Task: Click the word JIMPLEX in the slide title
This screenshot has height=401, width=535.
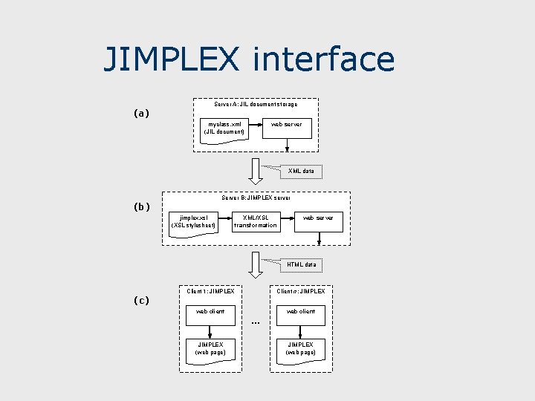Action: coord(172,59)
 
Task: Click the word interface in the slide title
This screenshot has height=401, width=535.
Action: coord(323,59)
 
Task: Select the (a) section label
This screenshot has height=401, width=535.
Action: coord(141,114)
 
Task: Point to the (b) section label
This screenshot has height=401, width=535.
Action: coord(141,206)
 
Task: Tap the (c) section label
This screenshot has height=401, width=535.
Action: coord(141,300)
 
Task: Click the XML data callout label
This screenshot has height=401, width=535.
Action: coord(301,172)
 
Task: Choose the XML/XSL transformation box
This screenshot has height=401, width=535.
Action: coord(255,221)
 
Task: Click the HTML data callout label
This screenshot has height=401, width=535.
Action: coord(302,264)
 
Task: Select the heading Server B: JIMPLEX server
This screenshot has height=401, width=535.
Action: coord(256,198)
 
